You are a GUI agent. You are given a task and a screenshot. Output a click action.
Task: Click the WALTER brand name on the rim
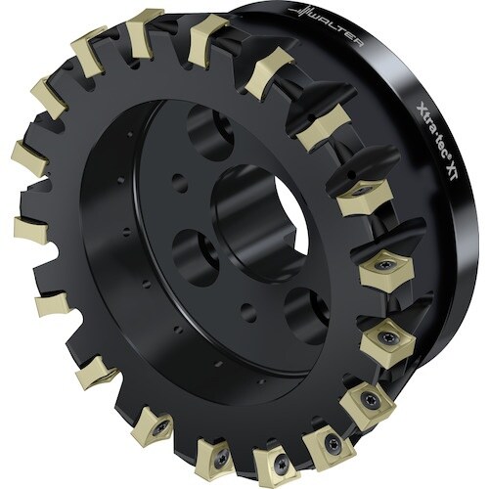333,36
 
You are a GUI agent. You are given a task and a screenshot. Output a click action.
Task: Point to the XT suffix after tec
450,167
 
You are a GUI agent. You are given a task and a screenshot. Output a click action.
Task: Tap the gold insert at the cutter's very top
148,24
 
